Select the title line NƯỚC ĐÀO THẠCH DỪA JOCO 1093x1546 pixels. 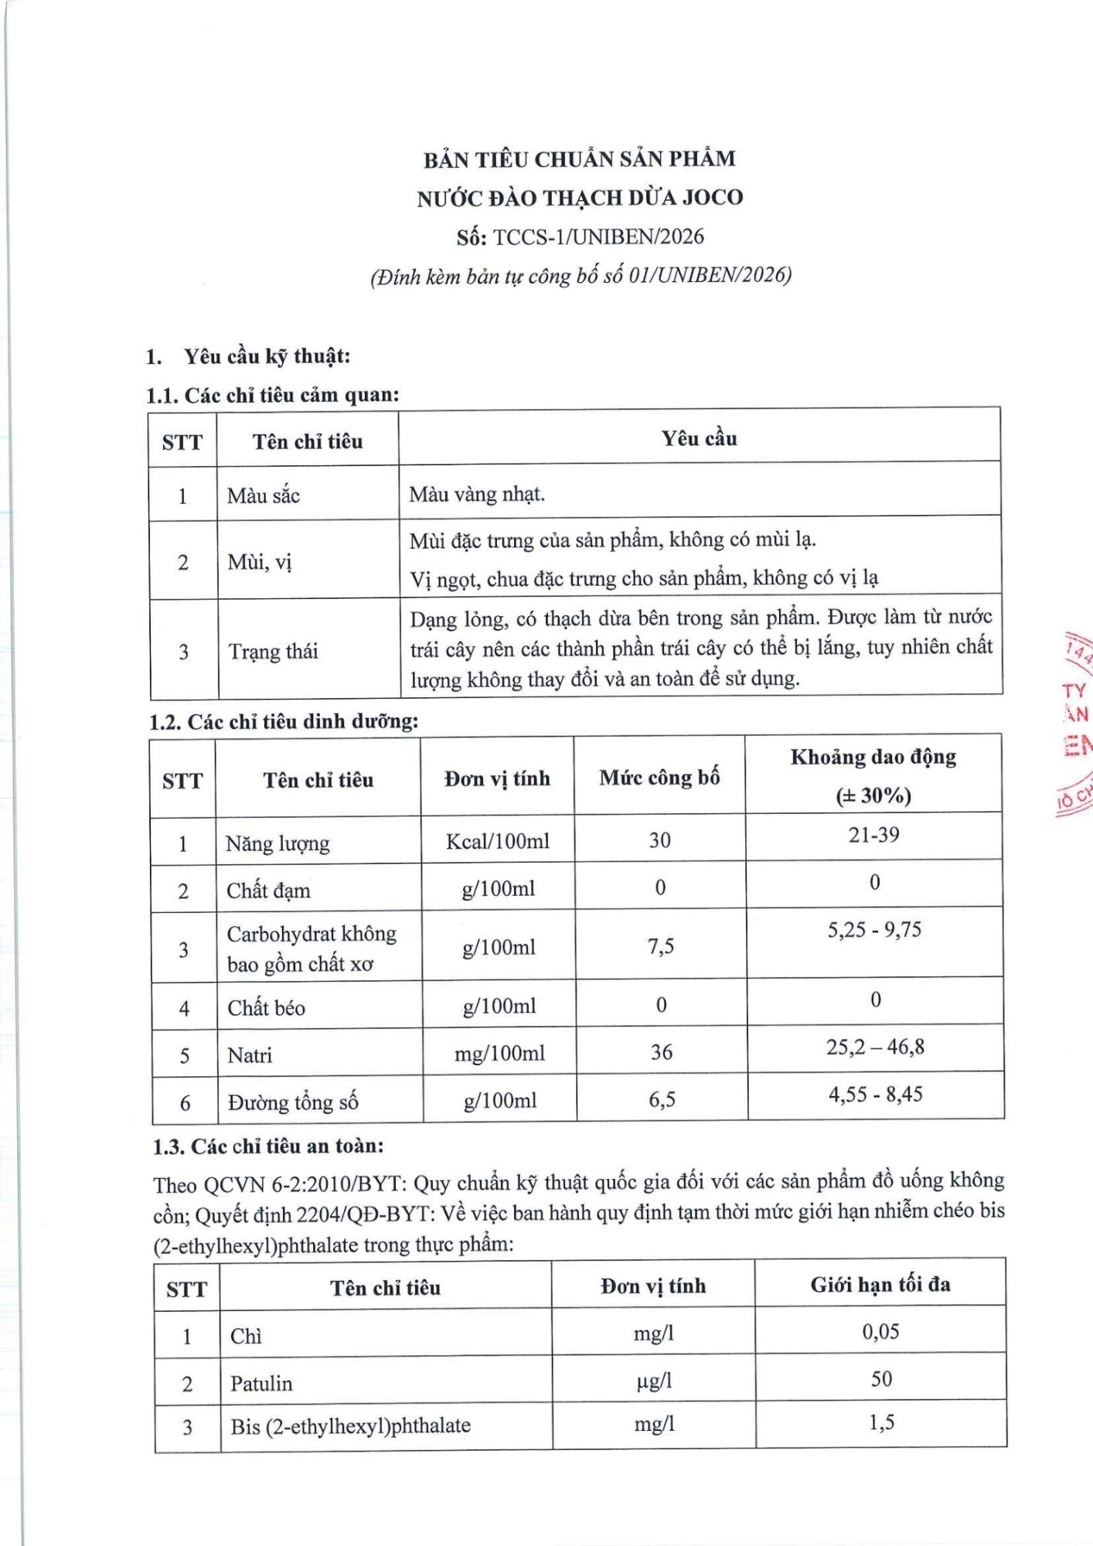[580, 198]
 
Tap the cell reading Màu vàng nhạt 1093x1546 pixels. [477, 494]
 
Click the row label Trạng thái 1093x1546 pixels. [273, 651]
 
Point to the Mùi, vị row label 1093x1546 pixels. [260, 562]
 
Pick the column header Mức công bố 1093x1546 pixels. [659, 777]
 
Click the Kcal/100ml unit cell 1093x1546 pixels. [498, 840]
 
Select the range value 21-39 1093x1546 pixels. [873, 835]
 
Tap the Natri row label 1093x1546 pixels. [250, 1054]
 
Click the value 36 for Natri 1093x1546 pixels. [661, 1052]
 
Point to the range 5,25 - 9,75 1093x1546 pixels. [874, 929]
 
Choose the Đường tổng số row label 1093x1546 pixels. [293, 1102]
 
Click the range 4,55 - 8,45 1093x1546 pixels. [876, 1094]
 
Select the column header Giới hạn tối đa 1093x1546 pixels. [880, 1285]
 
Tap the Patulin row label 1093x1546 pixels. [261, 1383]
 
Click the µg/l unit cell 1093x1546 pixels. [654, 1381]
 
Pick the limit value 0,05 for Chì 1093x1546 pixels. [880, 1331]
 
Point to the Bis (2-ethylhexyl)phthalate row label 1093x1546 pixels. [350, 1426]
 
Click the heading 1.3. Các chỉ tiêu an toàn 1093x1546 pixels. [268, 1146]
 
